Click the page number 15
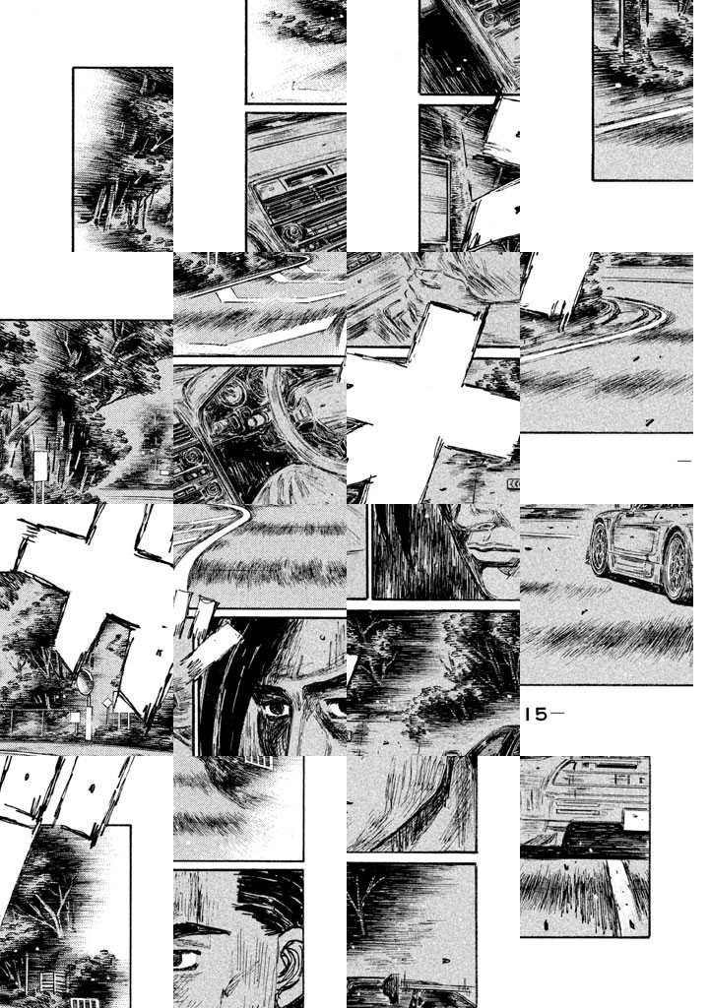point(537,715)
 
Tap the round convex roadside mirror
point(85,681)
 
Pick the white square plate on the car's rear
point(637,820)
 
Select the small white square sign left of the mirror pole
point(75,717)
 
